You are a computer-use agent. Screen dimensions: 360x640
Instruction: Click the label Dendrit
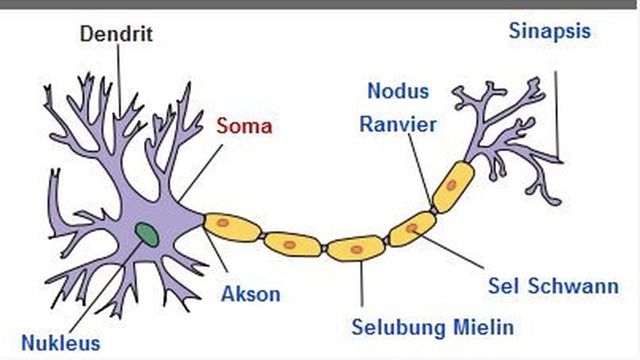(x=116, y=34)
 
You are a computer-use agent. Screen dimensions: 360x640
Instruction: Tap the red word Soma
(x=244, y=126)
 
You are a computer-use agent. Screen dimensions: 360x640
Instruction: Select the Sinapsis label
(x=549, y=31)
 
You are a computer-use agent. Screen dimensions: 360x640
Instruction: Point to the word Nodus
(x=398, y=91)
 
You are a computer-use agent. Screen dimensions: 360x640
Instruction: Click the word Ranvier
(x=398, y=124)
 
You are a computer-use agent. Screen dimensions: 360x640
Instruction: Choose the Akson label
(x=250, y=294)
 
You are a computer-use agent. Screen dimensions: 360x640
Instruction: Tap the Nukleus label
(x=60, y=343)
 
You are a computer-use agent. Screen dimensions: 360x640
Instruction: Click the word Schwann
(x=573, y=286)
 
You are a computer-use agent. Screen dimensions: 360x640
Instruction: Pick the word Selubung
(x=398, y=327)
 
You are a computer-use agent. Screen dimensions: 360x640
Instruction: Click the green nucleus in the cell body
(x=147, y=234)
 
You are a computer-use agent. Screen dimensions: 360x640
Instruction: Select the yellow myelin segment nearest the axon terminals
(x=453, y=186)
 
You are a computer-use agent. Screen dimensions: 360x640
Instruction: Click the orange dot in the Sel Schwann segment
(x=411, y=228)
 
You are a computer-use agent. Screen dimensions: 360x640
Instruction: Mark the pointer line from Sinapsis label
(x=555, y=115)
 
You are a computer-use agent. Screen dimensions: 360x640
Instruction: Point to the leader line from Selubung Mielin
(x=361, y=282)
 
